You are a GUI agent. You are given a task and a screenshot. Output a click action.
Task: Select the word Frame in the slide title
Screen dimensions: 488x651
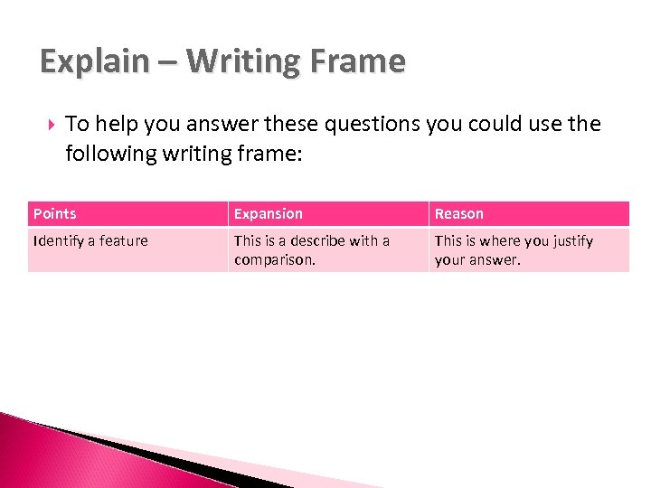click(358, 62)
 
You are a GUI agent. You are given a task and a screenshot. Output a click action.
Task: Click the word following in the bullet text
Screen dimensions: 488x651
click(110, 154)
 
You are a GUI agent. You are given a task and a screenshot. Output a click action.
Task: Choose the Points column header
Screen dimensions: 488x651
click(55, 214)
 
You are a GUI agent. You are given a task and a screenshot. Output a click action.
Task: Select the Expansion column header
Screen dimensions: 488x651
click(269, 214)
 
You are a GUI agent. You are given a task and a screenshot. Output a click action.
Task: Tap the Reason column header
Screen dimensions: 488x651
click(459, 214)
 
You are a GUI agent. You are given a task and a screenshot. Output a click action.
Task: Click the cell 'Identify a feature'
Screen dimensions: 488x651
click(90, 241)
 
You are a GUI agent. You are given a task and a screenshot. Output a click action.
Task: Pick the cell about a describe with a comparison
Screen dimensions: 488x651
click(312, 250)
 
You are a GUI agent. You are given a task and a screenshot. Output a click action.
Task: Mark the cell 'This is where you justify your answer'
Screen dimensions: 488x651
click(514, 250)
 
